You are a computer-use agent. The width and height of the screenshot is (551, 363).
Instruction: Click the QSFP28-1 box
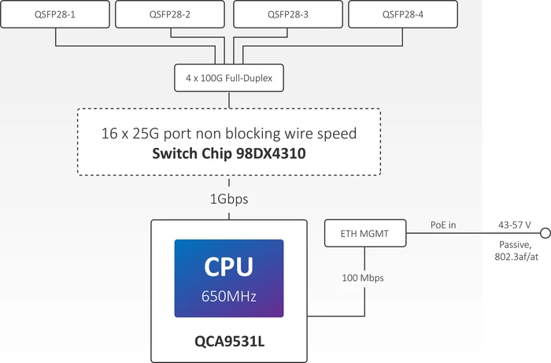pos(55,14)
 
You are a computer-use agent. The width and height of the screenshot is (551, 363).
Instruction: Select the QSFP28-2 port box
pos(170,14)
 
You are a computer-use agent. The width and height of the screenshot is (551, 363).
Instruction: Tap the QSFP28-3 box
pos(288,14)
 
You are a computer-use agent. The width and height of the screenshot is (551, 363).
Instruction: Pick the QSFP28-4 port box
pos(403,14)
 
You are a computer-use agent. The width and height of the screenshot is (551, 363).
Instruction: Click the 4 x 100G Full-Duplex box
pos(229,78)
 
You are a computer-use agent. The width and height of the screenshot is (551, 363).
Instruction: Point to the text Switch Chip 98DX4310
pos(229,154)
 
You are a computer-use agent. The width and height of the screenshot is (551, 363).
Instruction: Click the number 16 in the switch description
pos(109,134)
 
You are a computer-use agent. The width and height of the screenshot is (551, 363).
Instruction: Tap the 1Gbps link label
pos(229,199)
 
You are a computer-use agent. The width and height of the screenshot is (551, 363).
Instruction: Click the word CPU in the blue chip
pos(229,267)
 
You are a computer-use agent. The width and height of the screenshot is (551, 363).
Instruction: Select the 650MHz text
pos(229,296)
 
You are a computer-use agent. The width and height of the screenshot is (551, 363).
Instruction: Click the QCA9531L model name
pos(229,341)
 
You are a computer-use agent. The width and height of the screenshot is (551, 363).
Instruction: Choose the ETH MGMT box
pos(365,233)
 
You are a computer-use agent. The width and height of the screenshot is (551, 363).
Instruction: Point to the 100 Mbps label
pos(363,278)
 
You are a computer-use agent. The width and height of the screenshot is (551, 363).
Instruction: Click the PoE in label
pos(443,225)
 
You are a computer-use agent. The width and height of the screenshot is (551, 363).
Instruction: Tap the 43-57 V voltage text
pos(515,225)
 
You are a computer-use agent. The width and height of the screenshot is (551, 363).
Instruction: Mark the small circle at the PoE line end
pos(545,232)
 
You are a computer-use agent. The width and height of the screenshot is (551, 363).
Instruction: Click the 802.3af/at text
pos(516,257)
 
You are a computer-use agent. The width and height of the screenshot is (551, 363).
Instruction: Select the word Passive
pos(515,245)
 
